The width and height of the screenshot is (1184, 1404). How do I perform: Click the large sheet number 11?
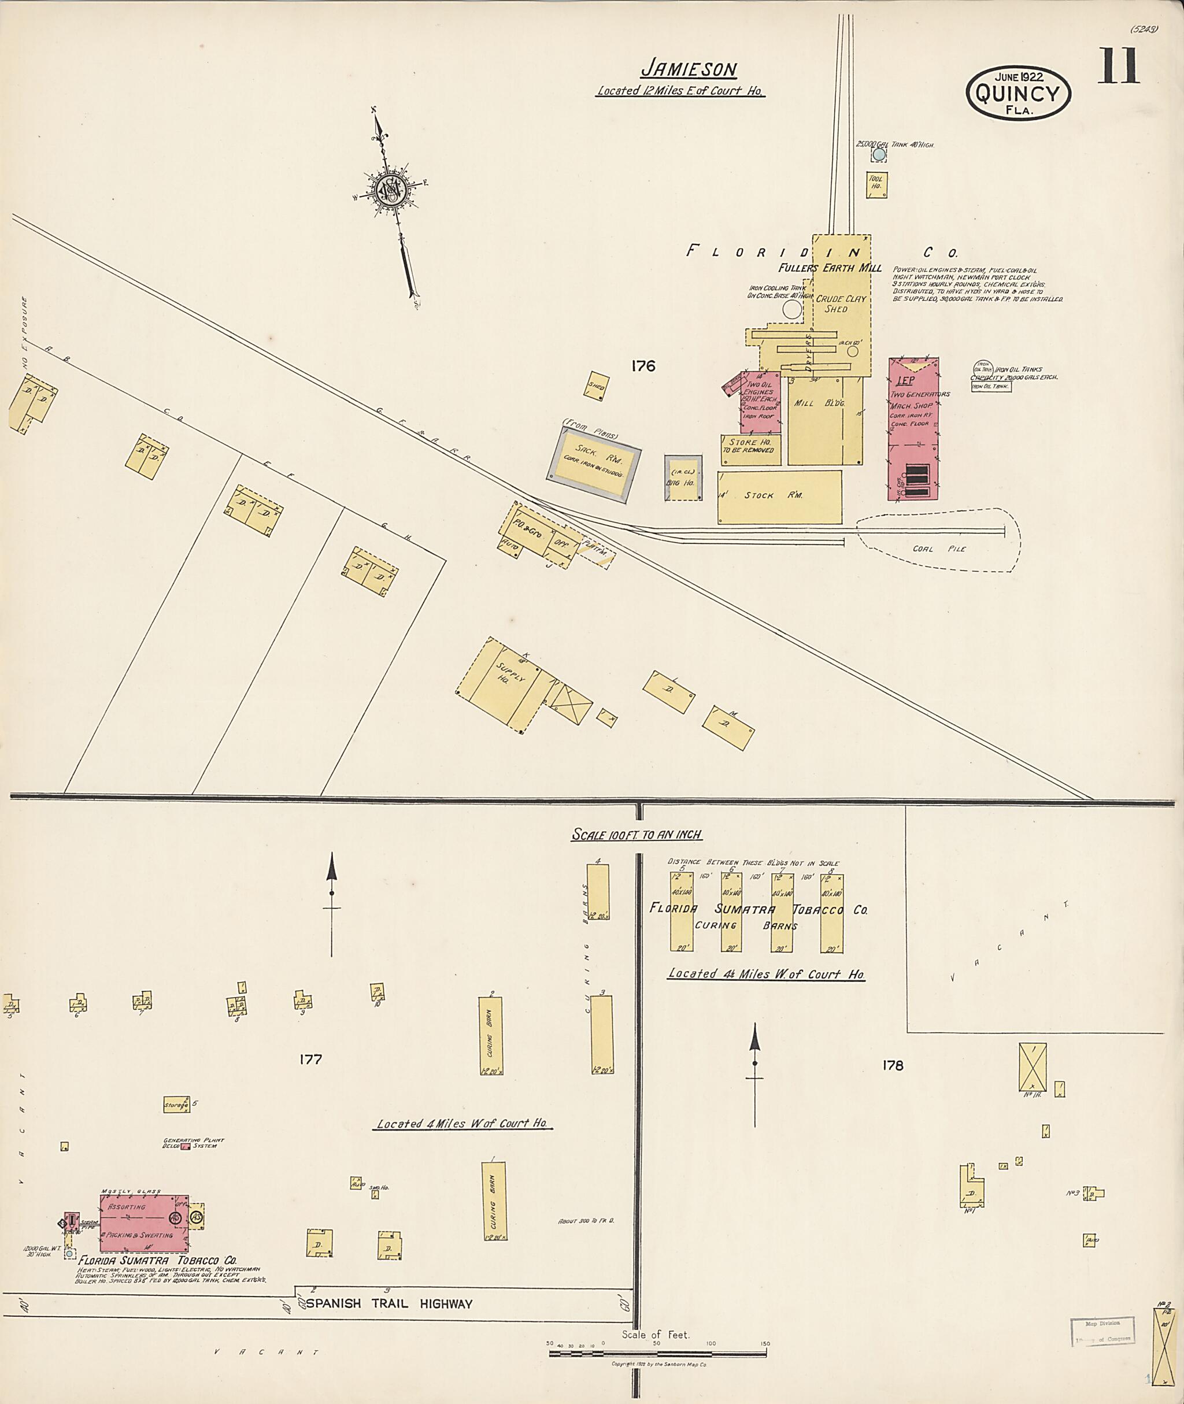tap(1118, 67)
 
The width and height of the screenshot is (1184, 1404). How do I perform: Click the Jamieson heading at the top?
tap(689, 69)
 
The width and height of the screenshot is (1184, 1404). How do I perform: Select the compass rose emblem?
tap(388, 191)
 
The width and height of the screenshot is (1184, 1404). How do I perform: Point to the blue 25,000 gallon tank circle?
tap(878, 155)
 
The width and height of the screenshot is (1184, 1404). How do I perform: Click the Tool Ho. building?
tap(876, 184)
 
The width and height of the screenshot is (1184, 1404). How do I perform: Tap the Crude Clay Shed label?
tap(841, 303)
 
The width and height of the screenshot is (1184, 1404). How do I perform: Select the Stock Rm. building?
tap(779, 497)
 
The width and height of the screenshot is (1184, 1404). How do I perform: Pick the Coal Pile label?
tap(930, 549)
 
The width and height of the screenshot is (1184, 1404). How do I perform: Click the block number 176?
tap(642, 366)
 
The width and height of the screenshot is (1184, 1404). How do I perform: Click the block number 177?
tap(311, 1059)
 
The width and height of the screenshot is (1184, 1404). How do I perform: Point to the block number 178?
tap(893, 1065)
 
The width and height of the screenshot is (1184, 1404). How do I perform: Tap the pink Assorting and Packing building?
tap(143, 1224)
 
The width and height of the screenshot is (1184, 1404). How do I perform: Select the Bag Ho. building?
tap(683, 478)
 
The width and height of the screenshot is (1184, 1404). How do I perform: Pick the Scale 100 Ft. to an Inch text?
tap(637, 834)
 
